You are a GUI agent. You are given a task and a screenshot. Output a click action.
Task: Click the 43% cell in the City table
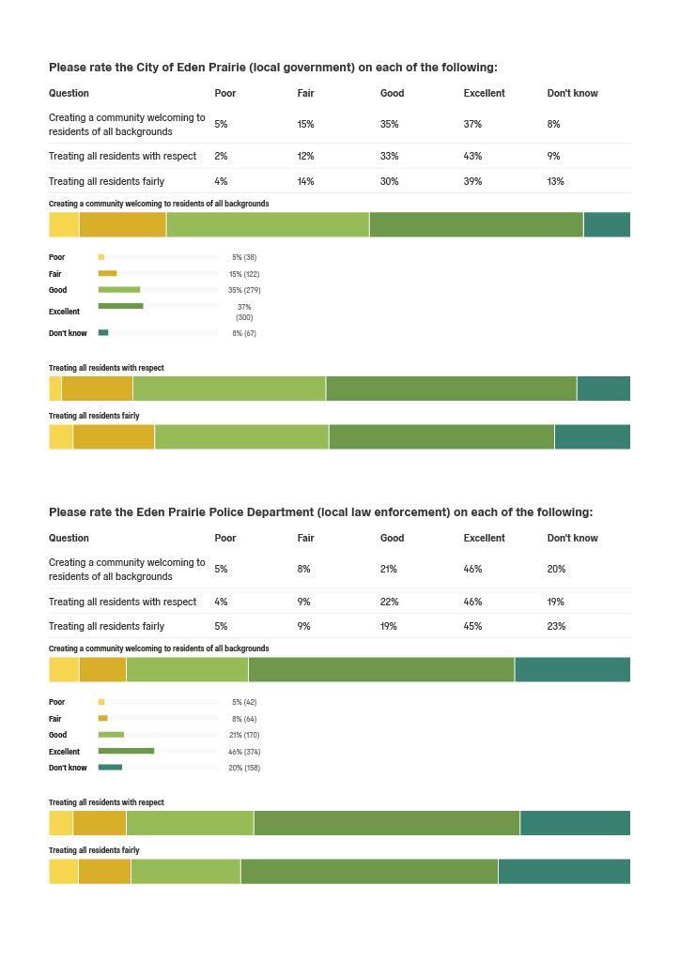tap(472, 156)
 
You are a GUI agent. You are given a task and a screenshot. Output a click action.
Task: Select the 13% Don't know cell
tap(555, 181)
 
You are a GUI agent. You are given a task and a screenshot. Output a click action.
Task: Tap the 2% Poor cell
tap(221, 156)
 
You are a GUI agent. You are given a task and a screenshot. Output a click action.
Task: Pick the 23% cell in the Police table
tap(556, 626)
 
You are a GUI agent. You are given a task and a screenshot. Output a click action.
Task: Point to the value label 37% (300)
tap(244, 312)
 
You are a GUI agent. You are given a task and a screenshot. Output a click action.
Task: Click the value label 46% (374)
tap(244, 752)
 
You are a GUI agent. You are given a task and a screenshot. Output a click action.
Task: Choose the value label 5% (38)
tap(244, 257)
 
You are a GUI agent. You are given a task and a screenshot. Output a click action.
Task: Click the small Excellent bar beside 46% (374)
tap(126, 751)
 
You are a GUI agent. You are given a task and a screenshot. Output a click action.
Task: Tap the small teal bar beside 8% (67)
tap(103, 332)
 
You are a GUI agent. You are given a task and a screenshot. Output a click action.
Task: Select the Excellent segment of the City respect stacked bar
tap(451, 389)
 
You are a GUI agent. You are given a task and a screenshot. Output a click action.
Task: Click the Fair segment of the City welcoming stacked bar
tap(122, 225)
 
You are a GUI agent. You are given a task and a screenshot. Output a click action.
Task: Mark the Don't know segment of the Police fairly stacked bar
tap(564, 871)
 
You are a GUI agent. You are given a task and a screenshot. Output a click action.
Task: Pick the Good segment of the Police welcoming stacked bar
tap(187, 669)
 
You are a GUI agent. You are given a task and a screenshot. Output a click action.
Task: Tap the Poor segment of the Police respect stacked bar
tap(60, 823)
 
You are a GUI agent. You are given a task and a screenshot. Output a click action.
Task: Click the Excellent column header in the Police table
tap(484, 538)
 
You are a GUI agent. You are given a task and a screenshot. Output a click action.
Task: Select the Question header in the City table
tap(69, 93)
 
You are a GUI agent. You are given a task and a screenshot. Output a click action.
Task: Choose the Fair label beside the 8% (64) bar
tap(55, 719)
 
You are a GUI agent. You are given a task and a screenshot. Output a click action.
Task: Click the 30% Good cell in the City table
tap(389, 181)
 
